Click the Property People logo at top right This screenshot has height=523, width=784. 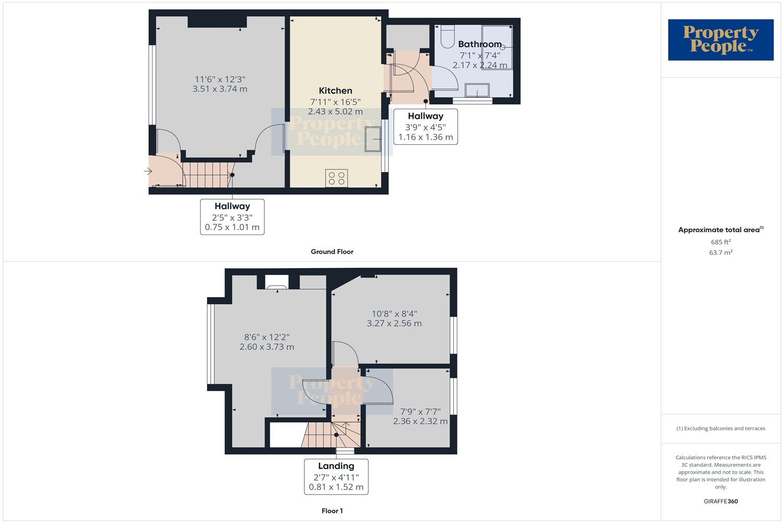721,40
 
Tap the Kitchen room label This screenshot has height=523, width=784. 336,90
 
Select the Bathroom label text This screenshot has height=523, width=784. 480,44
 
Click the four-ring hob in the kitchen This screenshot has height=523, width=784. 337,178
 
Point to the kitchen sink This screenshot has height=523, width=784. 373,139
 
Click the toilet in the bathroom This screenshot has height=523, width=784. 447,36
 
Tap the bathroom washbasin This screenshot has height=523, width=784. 477,90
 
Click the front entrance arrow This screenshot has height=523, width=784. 148,172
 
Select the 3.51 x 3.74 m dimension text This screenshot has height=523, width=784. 220,89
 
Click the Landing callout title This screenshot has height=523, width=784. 336,466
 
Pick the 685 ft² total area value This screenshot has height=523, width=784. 721,242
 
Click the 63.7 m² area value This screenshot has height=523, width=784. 721,252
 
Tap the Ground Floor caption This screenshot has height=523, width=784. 332,252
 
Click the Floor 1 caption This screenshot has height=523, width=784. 332,511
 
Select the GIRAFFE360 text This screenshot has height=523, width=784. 721,501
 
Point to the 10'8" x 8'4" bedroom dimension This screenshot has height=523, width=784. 394,314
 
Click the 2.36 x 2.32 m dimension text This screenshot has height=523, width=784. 420,421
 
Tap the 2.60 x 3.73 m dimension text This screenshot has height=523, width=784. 267,347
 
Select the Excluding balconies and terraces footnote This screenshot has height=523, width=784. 721,428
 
